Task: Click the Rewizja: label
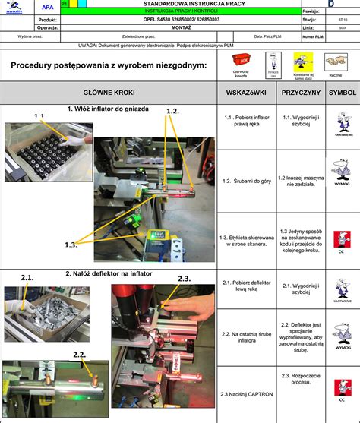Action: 311,12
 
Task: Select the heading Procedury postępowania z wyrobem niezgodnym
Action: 109,65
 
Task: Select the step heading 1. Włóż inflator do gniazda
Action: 108,109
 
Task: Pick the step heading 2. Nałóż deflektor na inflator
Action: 109,273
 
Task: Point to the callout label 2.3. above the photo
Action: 184,279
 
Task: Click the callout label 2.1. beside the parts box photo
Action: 27,278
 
